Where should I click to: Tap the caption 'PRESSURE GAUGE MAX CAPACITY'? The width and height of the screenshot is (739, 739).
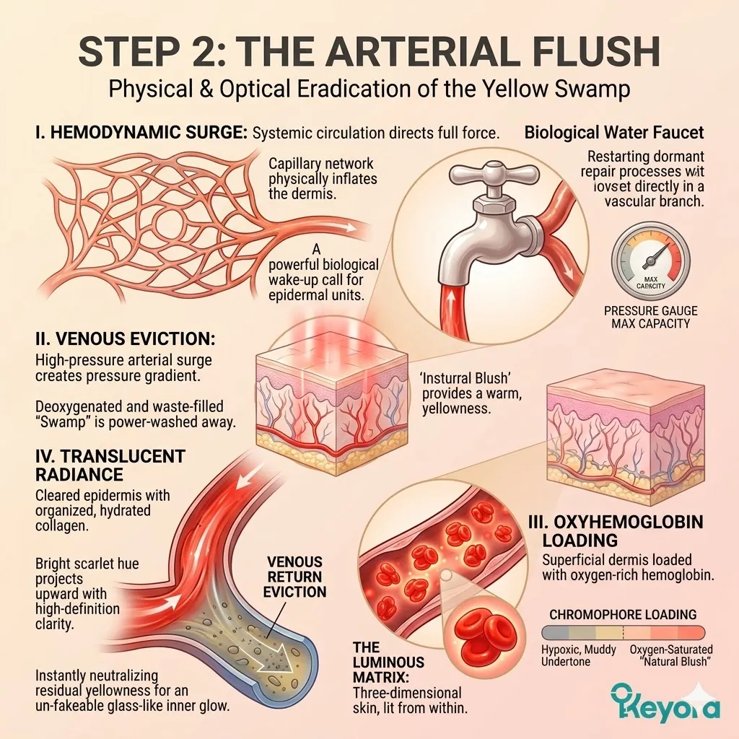pos(650,317)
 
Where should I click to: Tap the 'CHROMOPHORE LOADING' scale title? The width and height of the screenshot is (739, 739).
pos(622,615)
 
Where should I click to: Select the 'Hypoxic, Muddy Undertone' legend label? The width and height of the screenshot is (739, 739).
pos(579,656)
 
